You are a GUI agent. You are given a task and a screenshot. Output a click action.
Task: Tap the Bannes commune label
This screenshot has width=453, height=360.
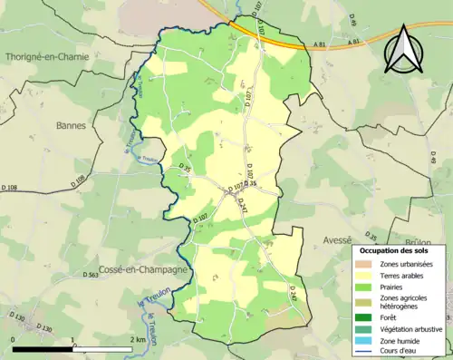74,125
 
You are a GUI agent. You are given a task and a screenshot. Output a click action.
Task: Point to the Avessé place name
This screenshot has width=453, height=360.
338,240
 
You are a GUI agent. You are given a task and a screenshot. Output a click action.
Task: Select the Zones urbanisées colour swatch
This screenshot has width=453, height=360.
367,264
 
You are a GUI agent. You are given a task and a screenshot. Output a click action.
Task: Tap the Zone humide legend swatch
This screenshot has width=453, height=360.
367,339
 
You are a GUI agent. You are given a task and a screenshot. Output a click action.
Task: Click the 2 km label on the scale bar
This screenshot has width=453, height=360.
138,339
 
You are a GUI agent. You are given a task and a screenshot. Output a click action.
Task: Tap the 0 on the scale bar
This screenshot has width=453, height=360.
13,339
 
